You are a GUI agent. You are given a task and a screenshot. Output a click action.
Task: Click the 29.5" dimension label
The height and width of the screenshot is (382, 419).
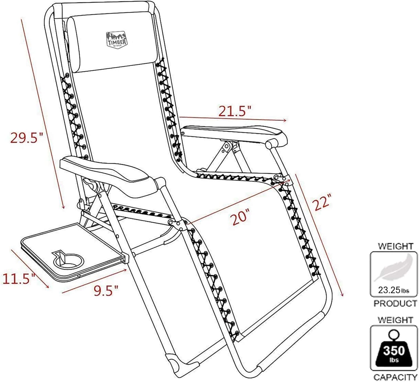(27, 137)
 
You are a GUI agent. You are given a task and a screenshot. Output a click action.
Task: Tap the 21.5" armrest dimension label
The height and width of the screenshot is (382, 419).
(234, 111)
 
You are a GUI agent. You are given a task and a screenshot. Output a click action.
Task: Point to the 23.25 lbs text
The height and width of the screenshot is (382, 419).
(394, 290)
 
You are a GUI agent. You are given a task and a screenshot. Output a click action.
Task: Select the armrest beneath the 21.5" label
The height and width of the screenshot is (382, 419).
(234, 135)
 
